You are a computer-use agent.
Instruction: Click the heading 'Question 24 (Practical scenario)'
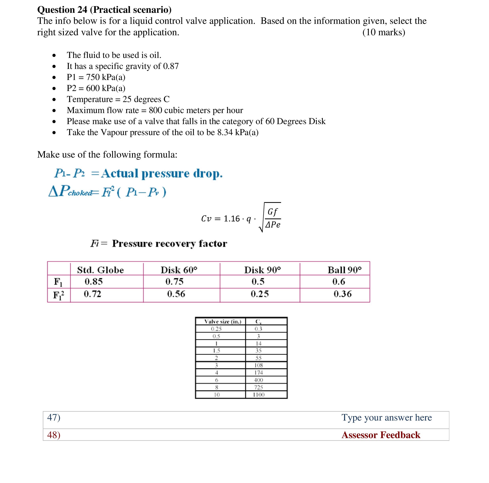(x=104, y=10)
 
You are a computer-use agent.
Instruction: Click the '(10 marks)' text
(x=384, y=32)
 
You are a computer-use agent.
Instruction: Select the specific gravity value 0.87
(x=171, y=66)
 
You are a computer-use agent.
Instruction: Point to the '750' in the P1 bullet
(x=93, y=77)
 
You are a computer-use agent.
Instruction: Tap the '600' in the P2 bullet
(x=93, y=88)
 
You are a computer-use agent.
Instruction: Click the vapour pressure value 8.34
(x=225, y=132)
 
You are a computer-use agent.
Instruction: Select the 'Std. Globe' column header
(x=100, y=270)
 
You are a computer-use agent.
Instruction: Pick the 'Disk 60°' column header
(x=179, y=270)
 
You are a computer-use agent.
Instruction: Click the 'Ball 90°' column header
(x=345, y=270)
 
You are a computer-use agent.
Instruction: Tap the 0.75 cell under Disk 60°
(x=174, y=282)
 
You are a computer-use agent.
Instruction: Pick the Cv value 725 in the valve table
(x=258, y=387)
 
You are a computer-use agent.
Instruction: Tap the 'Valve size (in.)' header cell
(x=223, y=322)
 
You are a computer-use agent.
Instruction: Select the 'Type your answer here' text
(x=387, y=417)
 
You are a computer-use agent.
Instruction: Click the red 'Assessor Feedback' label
(x=381, y=435)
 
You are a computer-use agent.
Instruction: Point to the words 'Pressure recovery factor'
(x=170, y=243)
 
